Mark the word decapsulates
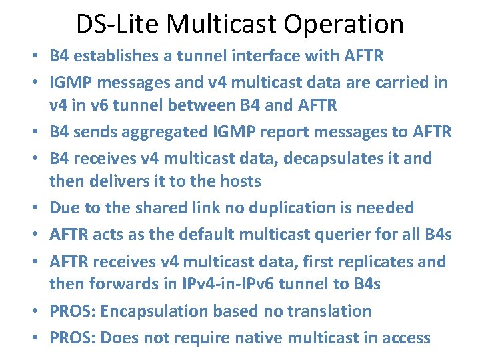coord(343,159)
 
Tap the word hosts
coord(236,181)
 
